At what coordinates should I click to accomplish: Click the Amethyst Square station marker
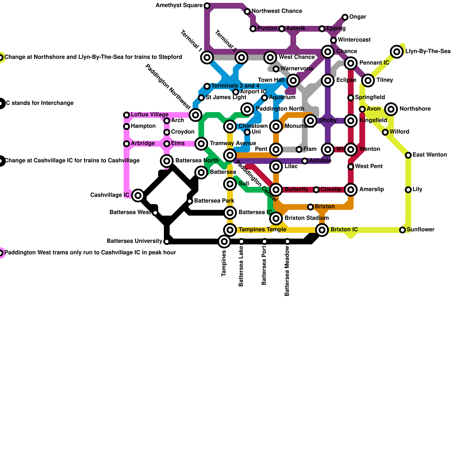click(x=207, y=6)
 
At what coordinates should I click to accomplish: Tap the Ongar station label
click(x=358, y=17)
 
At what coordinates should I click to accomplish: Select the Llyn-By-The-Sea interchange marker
click(x=397, y=52)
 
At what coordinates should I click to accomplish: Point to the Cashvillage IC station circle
click(x=138, y=195)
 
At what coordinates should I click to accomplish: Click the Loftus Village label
click(x=149, y=115)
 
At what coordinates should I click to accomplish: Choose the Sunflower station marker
click(x=402, y=230)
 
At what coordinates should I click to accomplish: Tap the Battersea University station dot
click(x=167, y=241)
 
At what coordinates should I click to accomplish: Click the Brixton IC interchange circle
click(x=322, y=230)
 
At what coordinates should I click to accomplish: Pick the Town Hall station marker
click(x=293, y=80)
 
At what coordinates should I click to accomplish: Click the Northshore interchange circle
click(x=391, y=109)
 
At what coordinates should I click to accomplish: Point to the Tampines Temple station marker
click(x=230, y=230)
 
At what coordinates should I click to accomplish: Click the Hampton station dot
click(x=126, y=126)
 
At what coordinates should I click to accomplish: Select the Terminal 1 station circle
click(x=207, y=57)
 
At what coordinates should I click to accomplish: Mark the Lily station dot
click(x=408, y=190)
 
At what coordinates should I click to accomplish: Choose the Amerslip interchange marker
click(x=351, y=190)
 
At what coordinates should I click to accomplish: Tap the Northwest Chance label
click(x=277, y=11)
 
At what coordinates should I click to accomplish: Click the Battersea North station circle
click(x=167, y=161)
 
